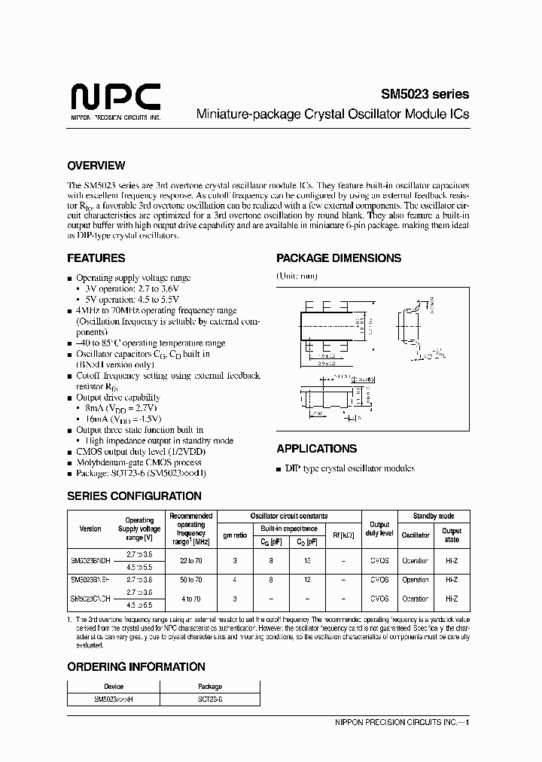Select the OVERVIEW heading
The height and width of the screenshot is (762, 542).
96,166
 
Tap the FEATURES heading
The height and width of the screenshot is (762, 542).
96,258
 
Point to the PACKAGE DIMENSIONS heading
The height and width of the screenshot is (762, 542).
339,258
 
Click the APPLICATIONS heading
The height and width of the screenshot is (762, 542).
316,449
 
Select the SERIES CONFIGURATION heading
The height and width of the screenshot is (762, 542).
134,496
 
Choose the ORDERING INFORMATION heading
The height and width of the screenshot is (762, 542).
135,666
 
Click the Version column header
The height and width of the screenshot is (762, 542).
90,529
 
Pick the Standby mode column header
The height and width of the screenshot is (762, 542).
434,517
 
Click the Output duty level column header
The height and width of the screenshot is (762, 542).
380,529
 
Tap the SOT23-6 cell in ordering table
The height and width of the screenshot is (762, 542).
210,700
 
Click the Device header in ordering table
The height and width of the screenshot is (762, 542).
114,687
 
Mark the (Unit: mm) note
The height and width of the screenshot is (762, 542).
297,276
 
